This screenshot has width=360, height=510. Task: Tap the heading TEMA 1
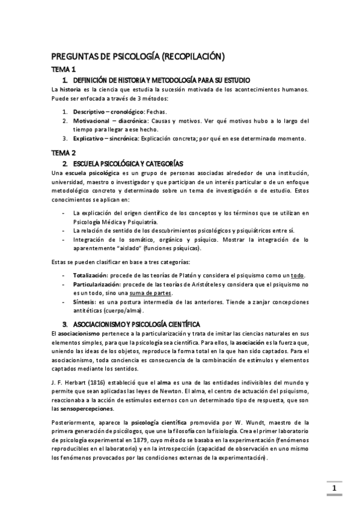(x=63, y=70)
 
